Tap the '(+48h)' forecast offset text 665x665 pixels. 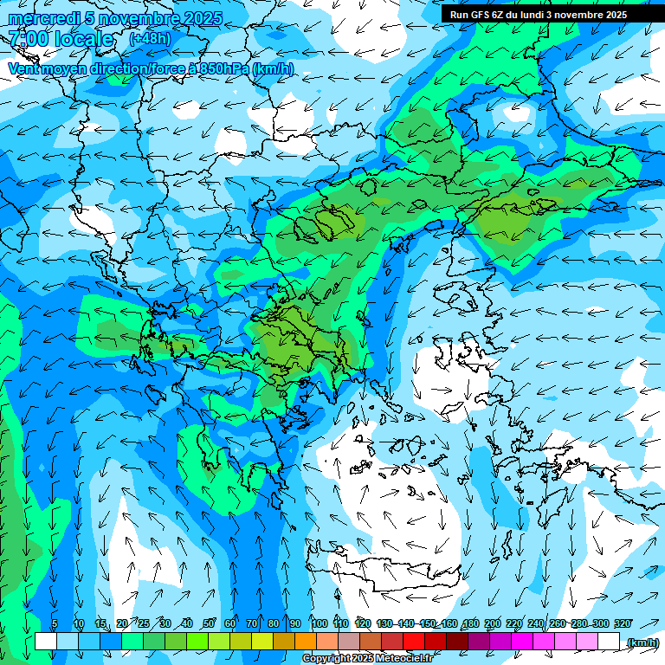[x=150, y=38]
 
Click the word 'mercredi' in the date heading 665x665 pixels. [x=39, y=18]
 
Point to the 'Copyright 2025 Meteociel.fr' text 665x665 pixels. [x=366, y=659]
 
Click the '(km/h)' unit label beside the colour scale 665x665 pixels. [x=642, y=642]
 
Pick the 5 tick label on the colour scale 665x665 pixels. [x=55, y=624]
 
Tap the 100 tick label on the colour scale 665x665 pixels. [x=319, y=624]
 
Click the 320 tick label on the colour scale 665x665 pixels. [x=622, y=624]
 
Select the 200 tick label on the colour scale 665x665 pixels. [x=492, y=624]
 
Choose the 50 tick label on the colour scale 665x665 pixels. [x=209, y=624]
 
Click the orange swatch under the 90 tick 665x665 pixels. [x=306, y=642]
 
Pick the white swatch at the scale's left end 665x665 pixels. [x=46, y=642]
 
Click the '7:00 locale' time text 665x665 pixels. [x=61, y=39]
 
